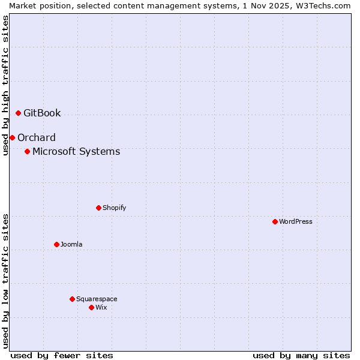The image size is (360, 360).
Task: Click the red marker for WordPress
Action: pos(275,221)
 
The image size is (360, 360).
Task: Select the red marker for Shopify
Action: pos(98,208)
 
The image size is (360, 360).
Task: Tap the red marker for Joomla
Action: pos(56,244)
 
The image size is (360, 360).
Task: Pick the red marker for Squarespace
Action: pos(72,299)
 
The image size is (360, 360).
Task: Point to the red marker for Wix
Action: pos(91,307)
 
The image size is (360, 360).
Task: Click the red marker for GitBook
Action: pos(18,113)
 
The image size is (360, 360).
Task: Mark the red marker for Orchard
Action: pos(12,137)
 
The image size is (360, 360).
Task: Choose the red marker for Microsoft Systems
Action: pos(27,151)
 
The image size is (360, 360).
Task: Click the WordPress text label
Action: pos(296,221)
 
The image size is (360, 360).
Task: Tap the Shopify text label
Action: pos(114,208)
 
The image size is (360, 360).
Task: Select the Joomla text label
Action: pos(71,244)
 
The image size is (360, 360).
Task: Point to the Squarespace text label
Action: pos(97,299)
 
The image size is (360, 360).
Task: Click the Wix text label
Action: pos(101,307)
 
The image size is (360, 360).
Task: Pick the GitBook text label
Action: pos(42,113)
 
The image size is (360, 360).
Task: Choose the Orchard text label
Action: pos(37,137)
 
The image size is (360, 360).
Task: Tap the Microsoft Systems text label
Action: pos(76,151)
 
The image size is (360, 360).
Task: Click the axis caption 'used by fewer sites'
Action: pos(62,355)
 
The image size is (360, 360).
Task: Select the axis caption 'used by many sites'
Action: pos(301,355)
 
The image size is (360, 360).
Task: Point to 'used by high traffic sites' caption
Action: pos(5,85)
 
